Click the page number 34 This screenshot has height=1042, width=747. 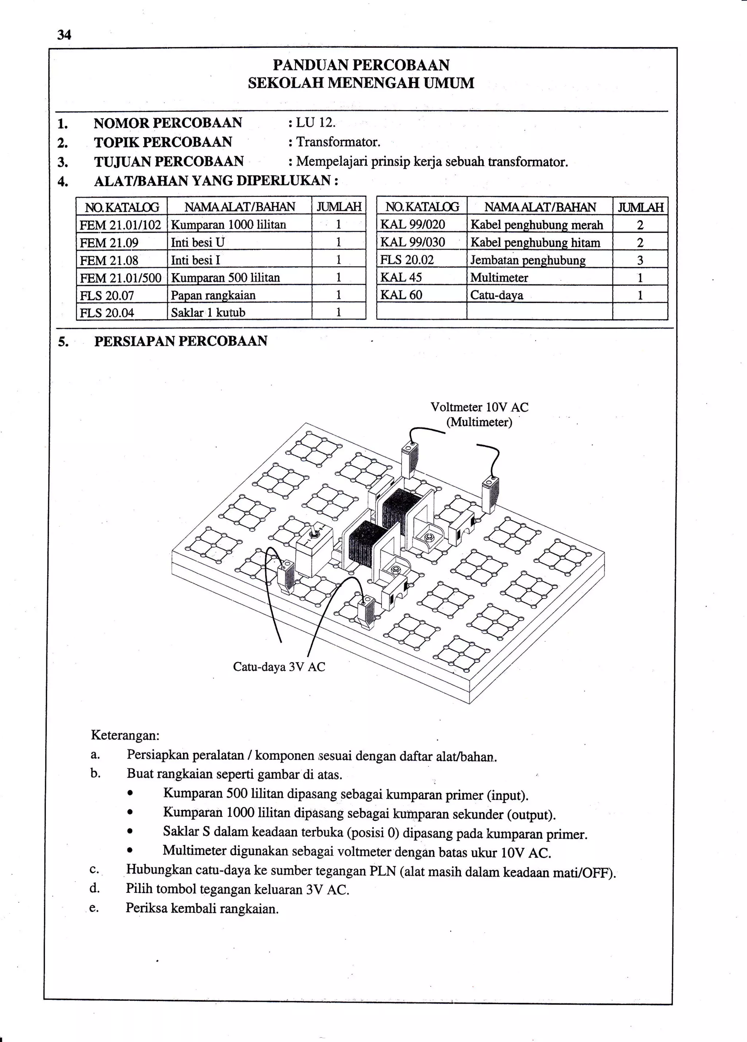pyautogui.click(x=64, y=35)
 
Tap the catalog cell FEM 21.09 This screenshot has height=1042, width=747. pyautogui.click(x=109, y=242)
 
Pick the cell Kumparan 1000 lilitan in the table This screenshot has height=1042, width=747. pyautogui.click(x=228, y=225)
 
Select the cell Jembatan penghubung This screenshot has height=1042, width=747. pyautogui.click(x=528, y=260)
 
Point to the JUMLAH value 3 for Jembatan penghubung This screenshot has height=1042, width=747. pyautogui.click(x=640, y=260)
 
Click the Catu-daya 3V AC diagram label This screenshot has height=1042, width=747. pyautogui.click(x=279, y=666)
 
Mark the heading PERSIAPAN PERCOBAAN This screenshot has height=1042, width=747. pyautogui.click(x=181, y=341)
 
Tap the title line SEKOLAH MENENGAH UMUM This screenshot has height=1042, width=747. pyautogui.click(x=361, y=83)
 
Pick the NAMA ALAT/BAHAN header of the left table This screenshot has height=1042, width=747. pyautogui.click(x=240, y=207)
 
